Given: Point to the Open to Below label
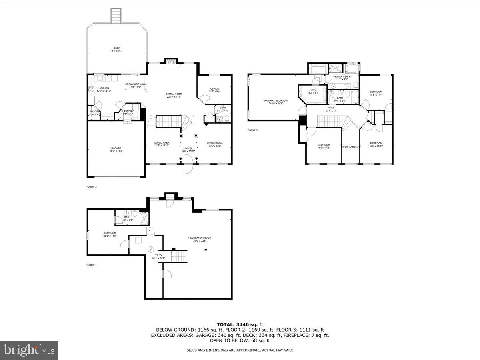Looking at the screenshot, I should [351, 147].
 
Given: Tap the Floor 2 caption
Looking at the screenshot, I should [92, 187].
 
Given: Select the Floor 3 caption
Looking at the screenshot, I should [252, 130].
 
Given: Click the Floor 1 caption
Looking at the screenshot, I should [92, 265].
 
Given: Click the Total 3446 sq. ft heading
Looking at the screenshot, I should [240, 324].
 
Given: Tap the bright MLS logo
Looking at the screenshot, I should [30, 350].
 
